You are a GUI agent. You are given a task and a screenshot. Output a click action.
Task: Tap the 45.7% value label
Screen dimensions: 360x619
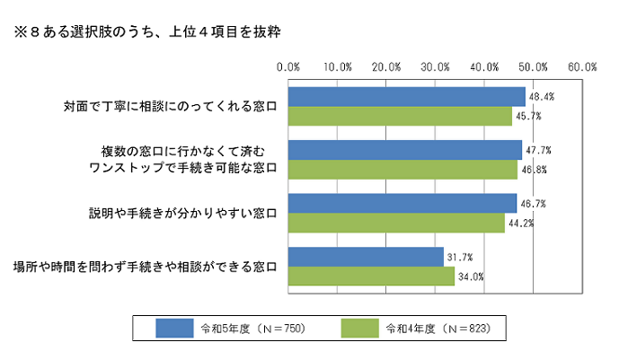tap(527, 116)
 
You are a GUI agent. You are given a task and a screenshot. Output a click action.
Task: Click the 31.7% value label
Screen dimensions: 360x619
tap(459, 258)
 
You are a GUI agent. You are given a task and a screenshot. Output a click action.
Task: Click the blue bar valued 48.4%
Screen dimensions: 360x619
tap(406, 96)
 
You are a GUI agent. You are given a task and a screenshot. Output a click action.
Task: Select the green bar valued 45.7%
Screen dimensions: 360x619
tap(400, 116)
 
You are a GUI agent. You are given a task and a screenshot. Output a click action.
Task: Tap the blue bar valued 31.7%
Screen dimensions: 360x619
tap(366, 258)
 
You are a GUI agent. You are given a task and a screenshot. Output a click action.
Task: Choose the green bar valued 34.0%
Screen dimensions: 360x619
tap(371, 277)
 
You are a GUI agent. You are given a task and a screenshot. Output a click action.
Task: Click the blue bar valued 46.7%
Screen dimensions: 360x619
tap(402, 204)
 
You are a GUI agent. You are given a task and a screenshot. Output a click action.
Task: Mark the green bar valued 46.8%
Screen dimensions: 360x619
tap(402, 170)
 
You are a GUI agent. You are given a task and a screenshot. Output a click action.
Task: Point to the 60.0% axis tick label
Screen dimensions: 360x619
tap(583, 66)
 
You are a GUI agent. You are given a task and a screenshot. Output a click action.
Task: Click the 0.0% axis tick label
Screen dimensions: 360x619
tap(288, 66)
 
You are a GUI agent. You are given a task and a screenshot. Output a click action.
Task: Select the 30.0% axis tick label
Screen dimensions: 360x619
tap(436, 66)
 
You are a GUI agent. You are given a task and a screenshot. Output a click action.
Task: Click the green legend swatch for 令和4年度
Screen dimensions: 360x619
tap(362, 328)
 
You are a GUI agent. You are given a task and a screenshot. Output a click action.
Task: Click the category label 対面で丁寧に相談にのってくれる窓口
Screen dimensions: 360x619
tap(171, 107)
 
